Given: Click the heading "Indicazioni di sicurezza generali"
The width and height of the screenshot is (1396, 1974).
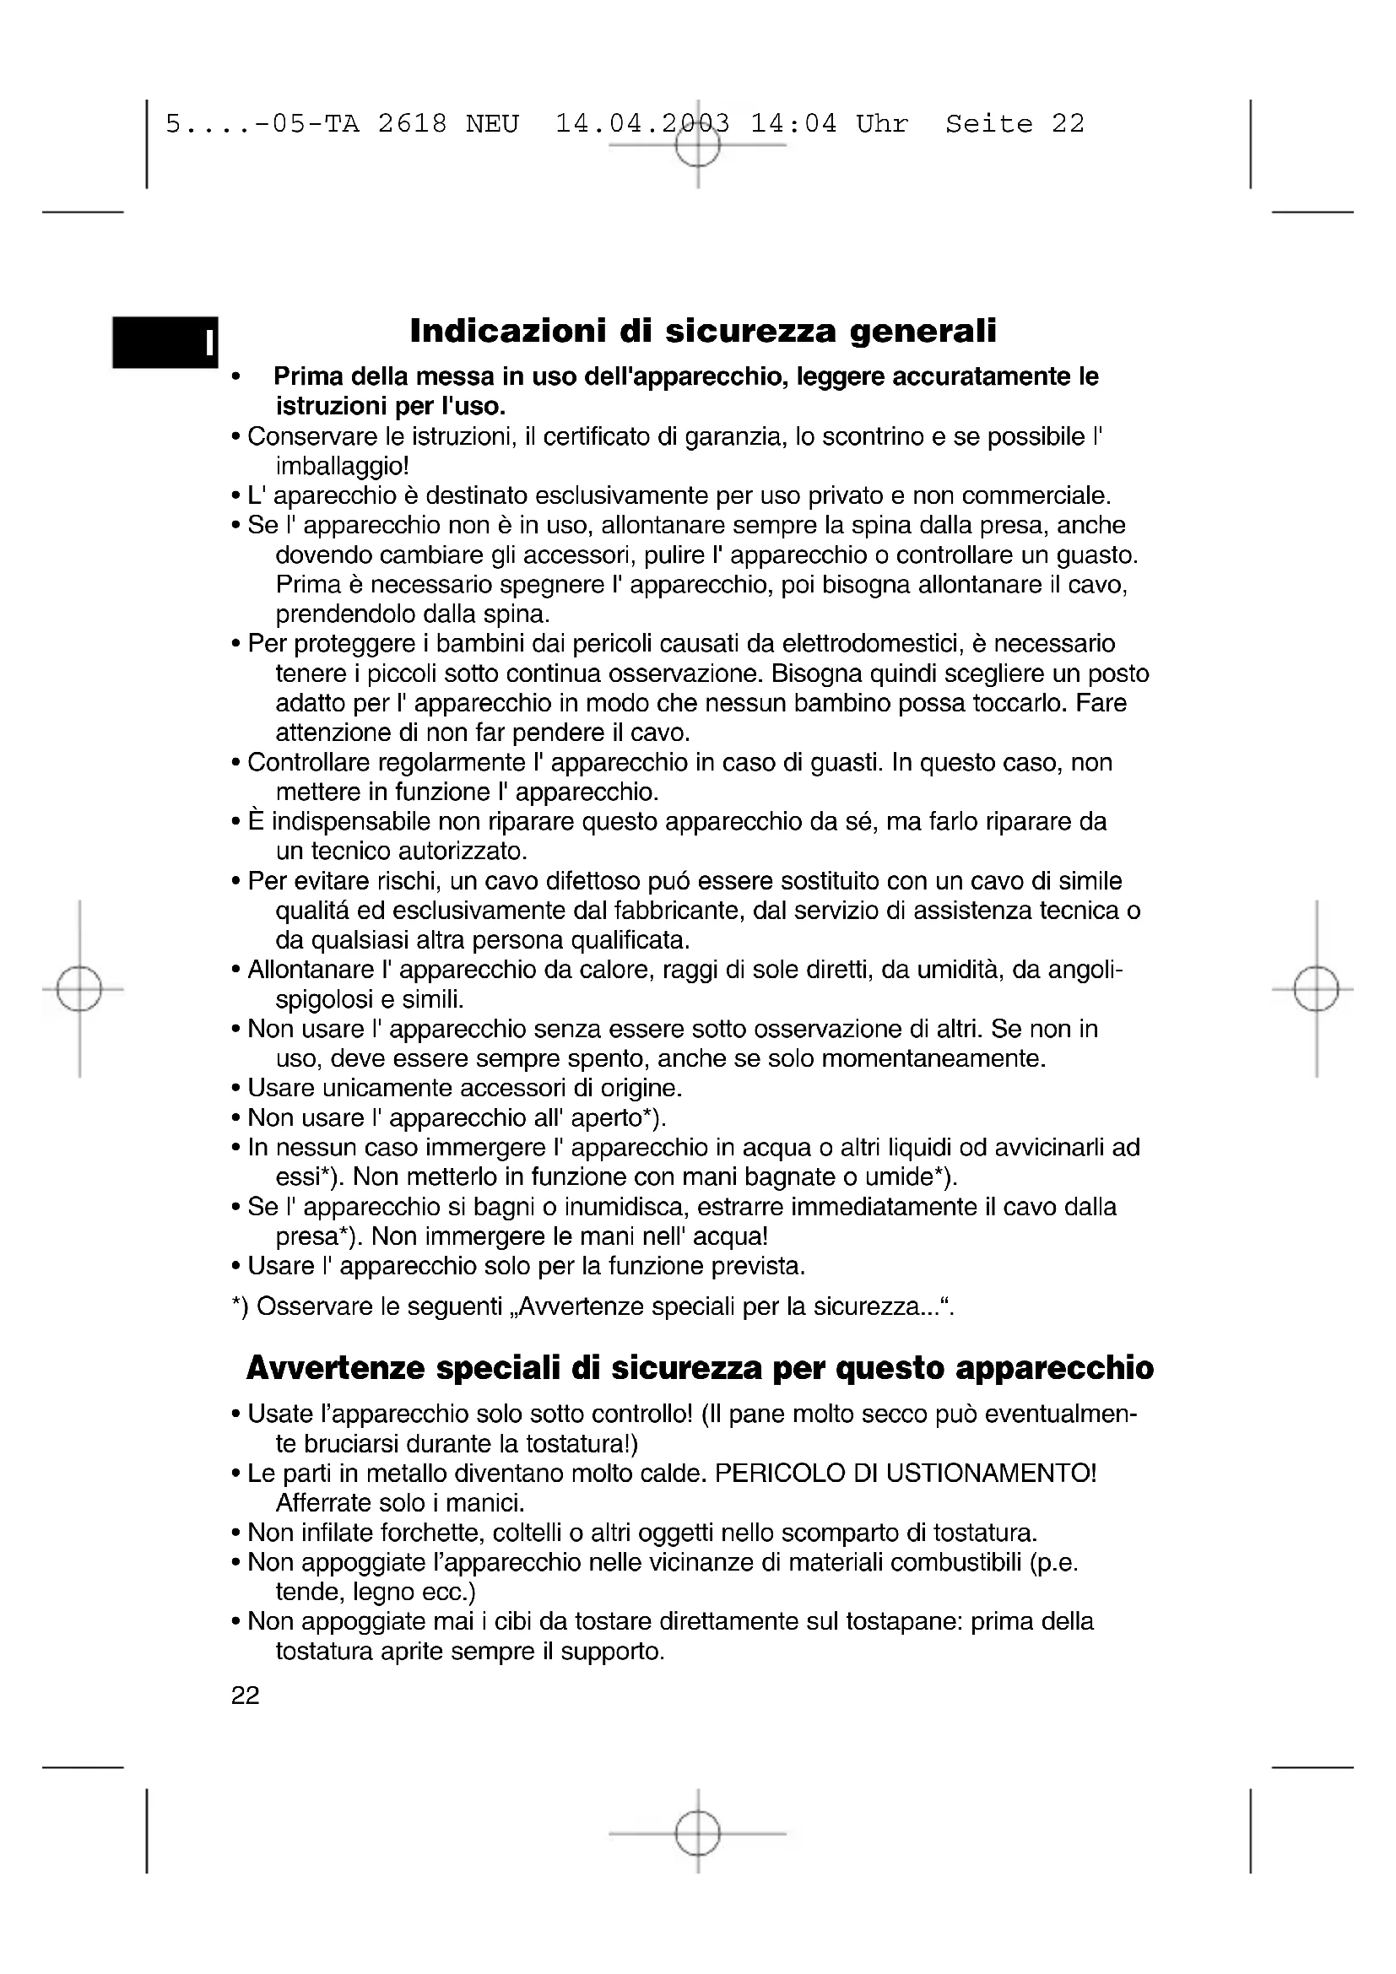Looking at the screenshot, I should [x=703, y=331].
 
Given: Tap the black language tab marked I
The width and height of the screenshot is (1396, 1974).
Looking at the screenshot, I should [x=165, y=342].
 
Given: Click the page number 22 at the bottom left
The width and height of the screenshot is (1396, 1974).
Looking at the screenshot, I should [x=245, y=1695].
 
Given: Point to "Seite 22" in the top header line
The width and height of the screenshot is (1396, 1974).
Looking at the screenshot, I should [x=1015, y=124].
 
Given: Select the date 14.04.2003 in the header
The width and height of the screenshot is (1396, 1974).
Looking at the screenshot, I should [x=642, y=124].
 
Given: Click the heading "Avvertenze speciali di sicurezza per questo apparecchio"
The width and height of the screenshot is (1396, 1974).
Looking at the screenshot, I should [x=700, y=1368].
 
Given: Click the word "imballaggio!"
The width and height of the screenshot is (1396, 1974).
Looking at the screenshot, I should [x=342, y=467].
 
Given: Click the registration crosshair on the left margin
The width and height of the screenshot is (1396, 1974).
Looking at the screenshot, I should [x=79, y=990].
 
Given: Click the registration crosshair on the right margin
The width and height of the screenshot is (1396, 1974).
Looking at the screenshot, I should [x=1316, y=990].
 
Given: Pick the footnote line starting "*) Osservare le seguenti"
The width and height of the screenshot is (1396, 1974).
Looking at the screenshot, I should [x=593, y=1307].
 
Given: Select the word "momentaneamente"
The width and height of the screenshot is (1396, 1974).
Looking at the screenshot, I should [x=933, y=1058].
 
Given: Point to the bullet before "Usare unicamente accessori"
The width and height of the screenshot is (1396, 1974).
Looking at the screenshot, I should [x=235, y=1090].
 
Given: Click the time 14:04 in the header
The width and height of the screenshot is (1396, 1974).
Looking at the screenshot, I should [x=793, y=124].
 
